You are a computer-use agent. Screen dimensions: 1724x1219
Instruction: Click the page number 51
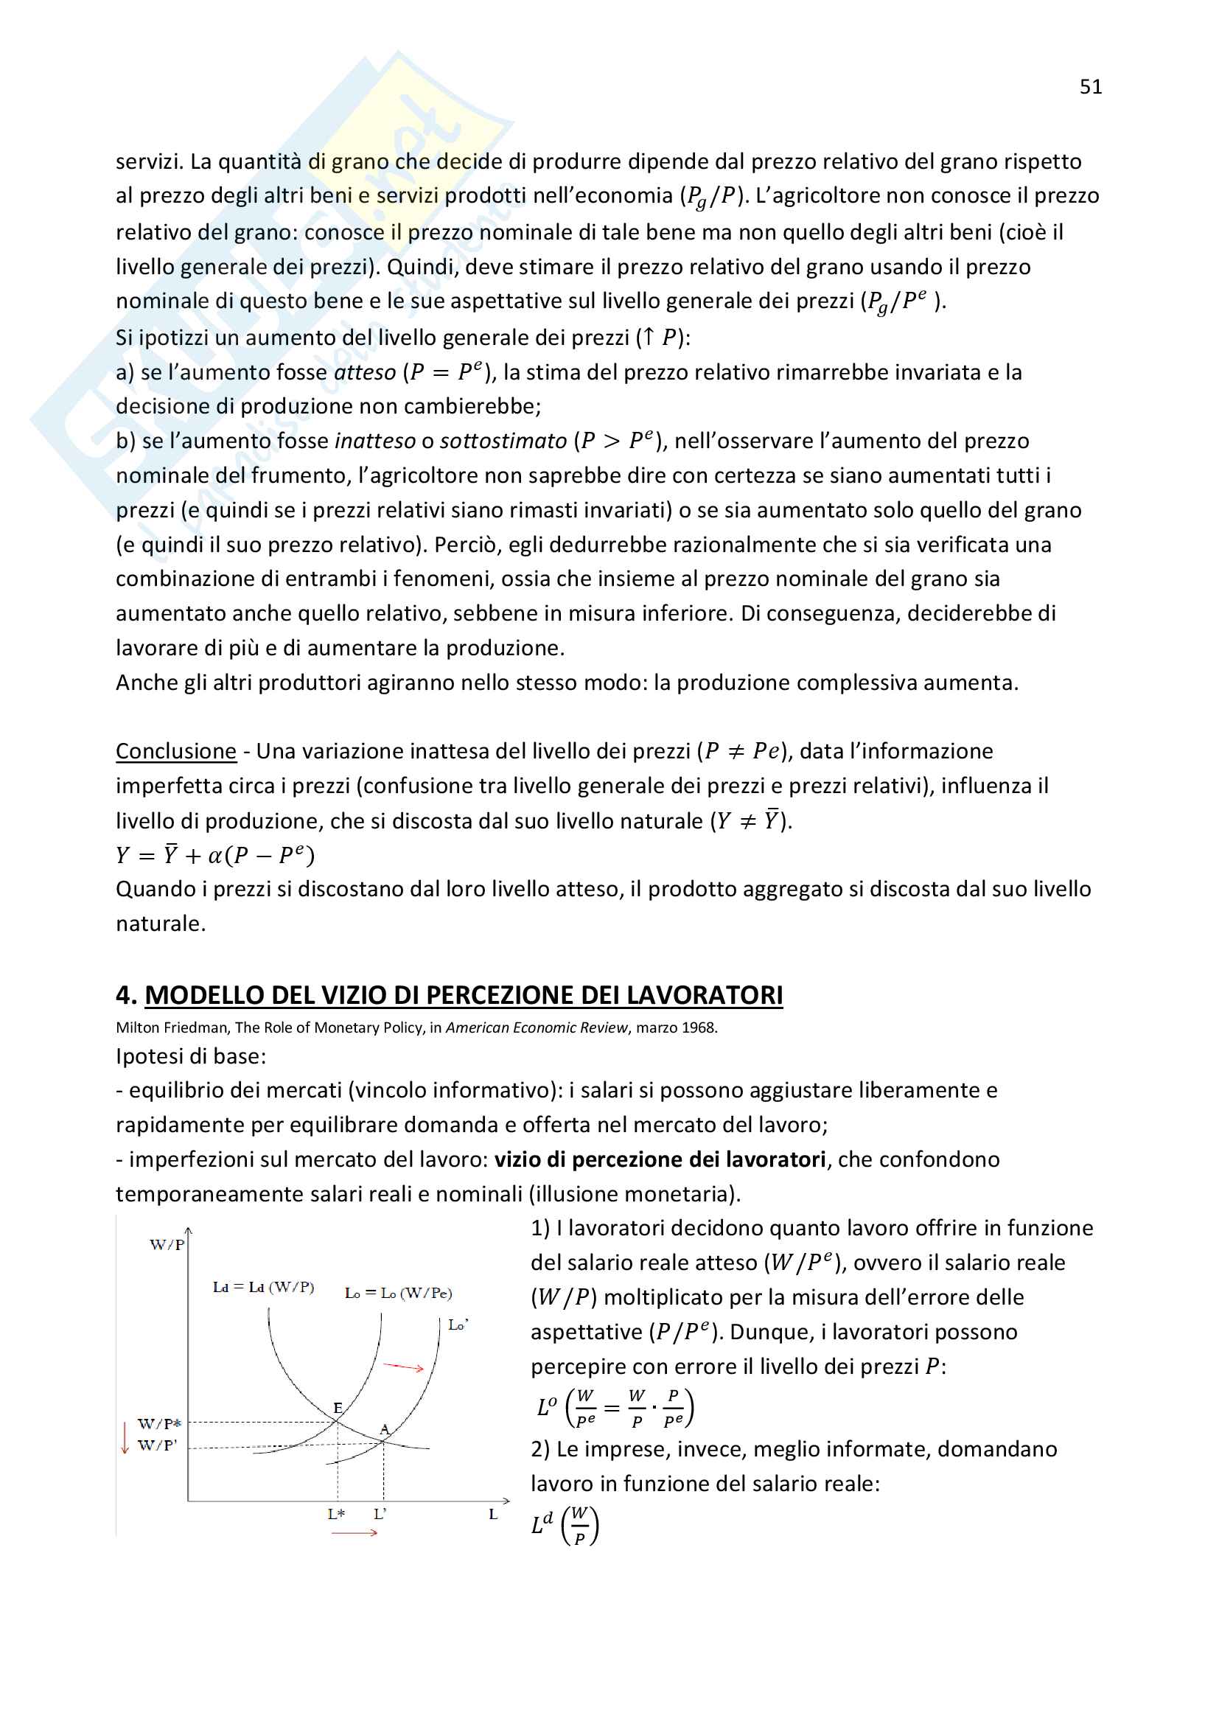[1090, 87]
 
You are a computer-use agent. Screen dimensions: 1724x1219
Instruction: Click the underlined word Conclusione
[175, 751]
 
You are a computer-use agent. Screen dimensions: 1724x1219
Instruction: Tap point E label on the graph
[338, 1407]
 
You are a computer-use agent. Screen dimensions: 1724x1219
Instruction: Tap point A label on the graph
[384, 1428]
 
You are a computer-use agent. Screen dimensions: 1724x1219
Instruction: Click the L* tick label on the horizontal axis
[336, 1514]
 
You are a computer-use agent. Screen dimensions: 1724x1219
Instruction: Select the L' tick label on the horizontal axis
[380, 1514]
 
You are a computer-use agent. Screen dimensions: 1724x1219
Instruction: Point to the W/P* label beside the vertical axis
[159, 1424]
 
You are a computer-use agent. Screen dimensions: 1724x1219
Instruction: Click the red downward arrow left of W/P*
[125, 1437]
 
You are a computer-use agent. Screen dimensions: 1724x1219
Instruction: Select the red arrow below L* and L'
[354, 1532]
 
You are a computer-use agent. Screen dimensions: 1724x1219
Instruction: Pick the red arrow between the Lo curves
[404, 1367]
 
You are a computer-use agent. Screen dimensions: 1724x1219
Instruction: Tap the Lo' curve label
[458, 1325]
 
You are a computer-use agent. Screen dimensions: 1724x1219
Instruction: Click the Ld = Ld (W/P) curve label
[263, 1287]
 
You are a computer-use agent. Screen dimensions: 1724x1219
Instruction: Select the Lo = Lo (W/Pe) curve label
[398, 1293]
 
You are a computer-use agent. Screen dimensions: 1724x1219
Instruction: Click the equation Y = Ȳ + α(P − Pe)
[214, 855]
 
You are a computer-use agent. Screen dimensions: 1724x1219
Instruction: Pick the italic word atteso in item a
[365, 372]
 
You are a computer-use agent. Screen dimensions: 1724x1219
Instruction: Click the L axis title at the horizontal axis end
[493, 1514]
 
